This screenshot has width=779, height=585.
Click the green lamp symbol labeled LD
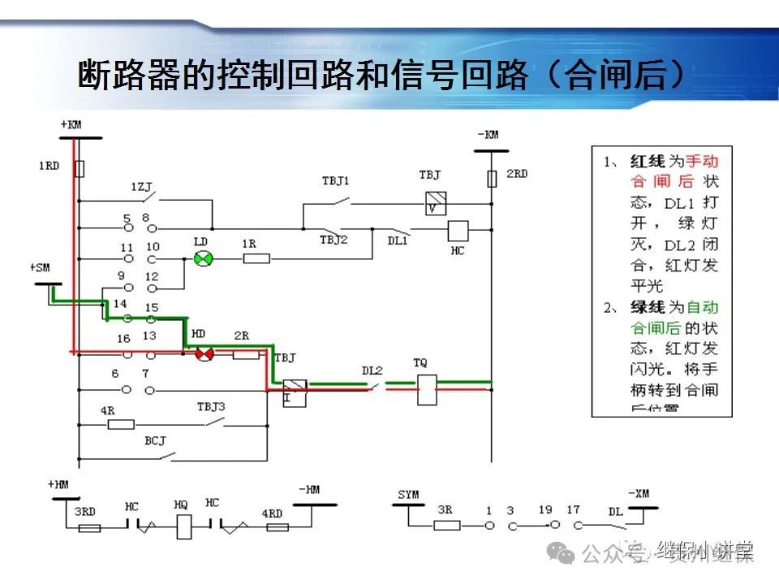203,258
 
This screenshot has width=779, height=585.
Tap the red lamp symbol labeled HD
203,353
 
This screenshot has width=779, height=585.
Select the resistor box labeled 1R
256,258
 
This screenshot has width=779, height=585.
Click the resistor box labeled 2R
246,354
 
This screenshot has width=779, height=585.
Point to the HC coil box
458,230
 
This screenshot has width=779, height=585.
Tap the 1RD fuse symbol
80,168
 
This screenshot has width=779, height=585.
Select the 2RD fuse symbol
491,178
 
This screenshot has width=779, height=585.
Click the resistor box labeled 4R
120,424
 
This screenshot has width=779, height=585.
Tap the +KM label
71,124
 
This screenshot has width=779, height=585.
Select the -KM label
488,134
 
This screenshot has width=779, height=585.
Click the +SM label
40,266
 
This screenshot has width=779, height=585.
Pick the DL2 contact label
372,370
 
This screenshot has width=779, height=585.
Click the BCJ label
155,441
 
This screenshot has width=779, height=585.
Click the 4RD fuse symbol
278,527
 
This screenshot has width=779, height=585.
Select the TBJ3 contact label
211,406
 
